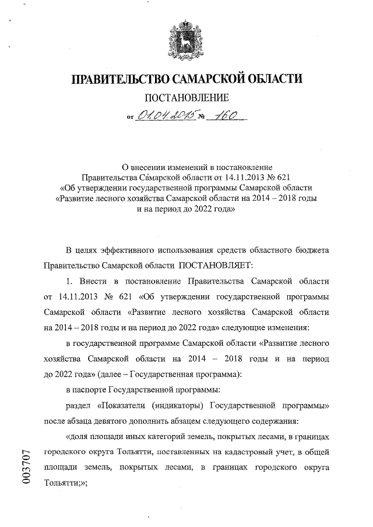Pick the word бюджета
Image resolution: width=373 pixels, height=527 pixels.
pos(312,250)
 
